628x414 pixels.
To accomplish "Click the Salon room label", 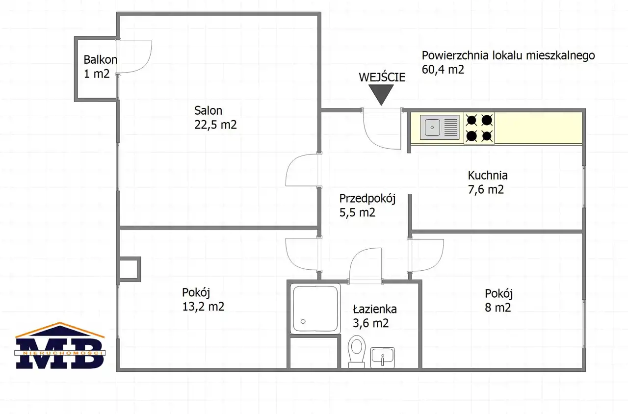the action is click(208, 111).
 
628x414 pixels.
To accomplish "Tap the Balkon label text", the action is click(101, 60).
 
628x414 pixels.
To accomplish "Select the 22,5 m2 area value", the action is click(215, 125).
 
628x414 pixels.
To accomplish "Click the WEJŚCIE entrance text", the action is click(382, 77).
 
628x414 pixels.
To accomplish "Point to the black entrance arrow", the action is click(381, 95).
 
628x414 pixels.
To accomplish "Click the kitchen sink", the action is click(440, 127).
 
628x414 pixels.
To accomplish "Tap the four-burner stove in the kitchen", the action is click(479, 128).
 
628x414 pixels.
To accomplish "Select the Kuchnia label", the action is click(488, 176).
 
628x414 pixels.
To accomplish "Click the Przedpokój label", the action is click(367, 199).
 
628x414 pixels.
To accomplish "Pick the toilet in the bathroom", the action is click(357, 351).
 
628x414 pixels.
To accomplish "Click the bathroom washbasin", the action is click(382, 358).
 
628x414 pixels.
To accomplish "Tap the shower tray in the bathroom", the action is click(315, 309).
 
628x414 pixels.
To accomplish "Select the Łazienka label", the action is click(374, 309).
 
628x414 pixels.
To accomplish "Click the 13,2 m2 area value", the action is click(203, 307).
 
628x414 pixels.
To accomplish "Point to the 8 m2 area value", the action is click(498, 308).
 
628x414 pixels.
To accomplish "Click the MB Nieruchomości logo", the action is click(60, 345).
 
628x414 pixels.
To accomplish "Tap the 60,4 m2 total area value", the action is click(443, 69).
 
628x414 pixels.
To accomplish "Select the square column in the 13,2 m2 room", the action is click(129, 269).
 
